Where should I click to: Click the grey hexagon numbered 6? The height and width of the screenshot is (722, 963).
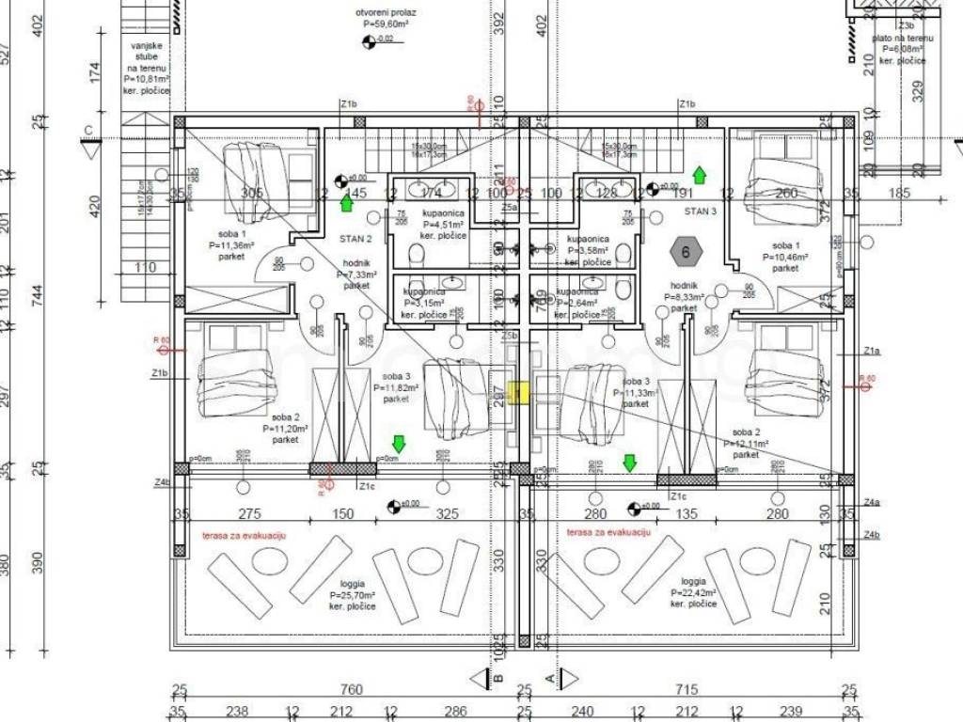(686, 251)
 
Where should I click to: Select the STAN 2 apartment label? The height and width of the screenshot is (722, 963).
(355, 239)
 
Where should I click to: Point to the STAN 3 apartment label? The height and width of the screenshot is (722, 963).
(700, 211)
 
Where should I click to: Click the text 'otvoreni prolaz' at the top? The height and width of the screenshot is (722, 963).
(386, 12)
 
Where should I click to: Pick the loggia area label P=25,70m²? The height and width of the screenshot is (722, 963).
(353, 595)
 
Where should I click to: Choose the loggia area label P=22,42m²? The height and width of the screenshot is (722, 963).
(694, 593)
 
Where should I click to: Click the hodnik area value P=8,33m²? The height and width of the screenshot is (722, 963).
(684, 296)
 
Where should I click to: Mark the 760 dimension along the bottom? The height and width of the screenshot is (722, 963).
(350, 690)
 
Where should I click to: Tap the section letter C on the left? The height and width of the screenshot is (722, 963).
(87, 130)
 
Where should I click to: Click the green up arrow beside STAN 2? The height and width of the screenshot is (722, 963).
(346, 202)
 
